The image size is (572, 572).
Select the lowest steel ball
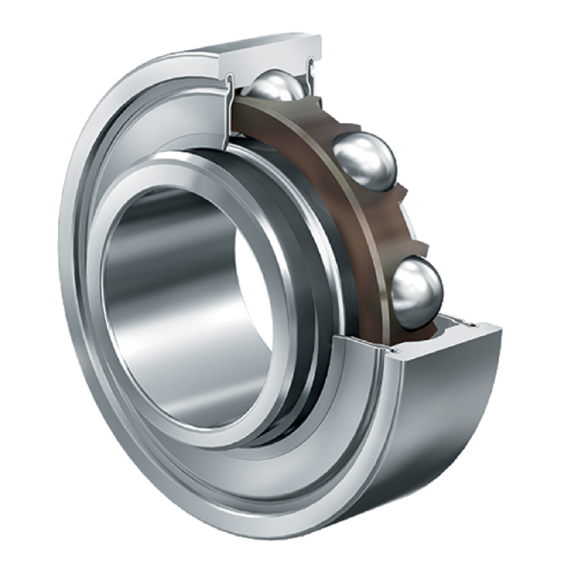coord(418,292)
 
